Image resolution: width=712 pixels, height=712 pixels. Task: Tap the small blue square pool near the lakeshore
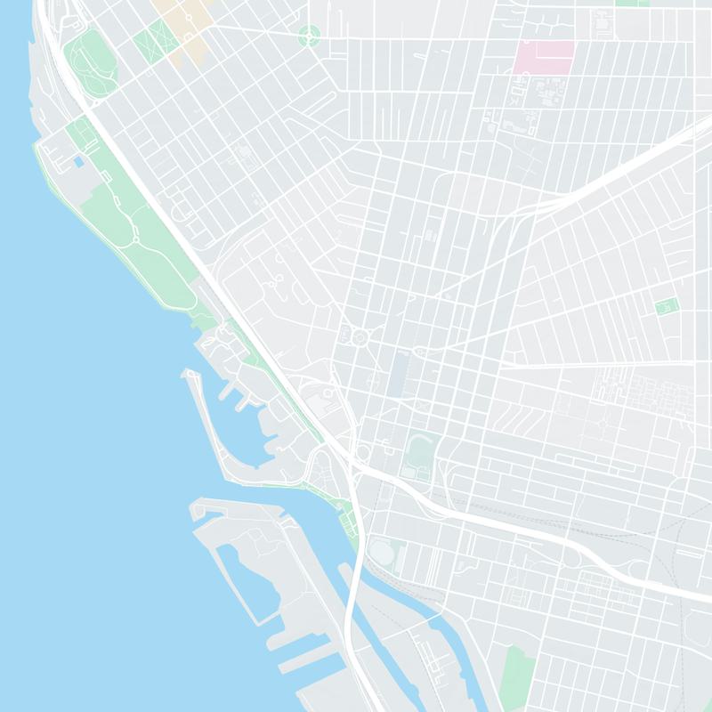[79, 163]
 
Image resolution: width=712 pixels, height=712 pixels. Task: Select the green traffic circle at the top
[310, 36]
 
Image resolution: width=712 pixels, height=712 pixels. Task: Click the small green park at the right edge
[667, 306]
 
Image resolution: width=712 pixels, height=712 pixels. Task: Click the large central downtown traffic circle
[360, 336]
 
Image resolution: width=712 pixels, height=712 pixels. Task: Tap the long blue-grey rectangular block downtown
[397, 375]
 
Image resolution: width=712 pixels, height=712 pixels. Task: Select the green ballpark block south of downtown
[417, 449]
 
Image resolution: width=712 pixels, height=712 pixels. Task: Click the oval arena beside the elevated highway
[382, 553]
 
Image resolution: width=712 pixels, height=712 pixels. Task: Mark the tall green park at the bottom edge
[514, 676]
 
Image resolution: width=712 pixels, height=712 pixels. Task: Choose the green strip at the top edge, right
[632, 3]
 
